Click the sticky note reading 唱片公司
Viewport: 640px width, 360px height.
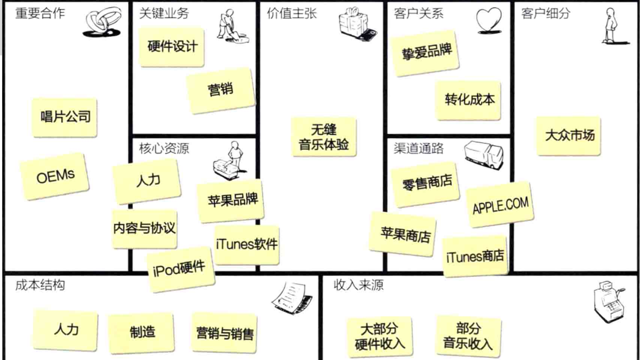pos(65,117)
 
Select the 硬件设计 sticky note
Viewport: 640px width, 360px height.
pos(172,47)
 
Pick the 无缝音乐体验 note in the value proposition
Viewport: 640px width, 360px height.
pos(324,137)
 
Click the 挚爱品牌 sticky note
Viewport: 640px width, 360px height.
pos(426,53)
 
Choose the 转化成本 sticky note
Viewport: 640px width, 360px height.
pos(469,100)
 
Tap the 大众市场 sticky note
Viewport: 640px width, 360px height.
pos(569,136)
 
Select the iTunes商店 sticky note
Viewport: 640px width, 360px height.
pos(475,256)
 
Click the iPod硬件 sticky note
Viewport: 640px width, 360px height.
pos(180,269)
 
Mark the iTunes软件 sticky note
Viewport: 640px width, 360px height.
pos(247,244)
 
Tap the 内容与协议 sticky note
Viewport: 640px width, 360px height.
pos(144,228)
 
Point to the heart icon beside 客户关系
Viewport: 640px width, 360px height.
pos(489,20)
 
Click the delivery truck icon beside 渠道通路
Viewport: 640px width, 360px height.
pos(484,155)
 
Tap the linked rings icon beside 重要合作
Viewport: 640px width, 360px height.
pos(102,22)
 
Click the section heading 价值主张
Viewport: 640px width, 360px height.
pos(291,14)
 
